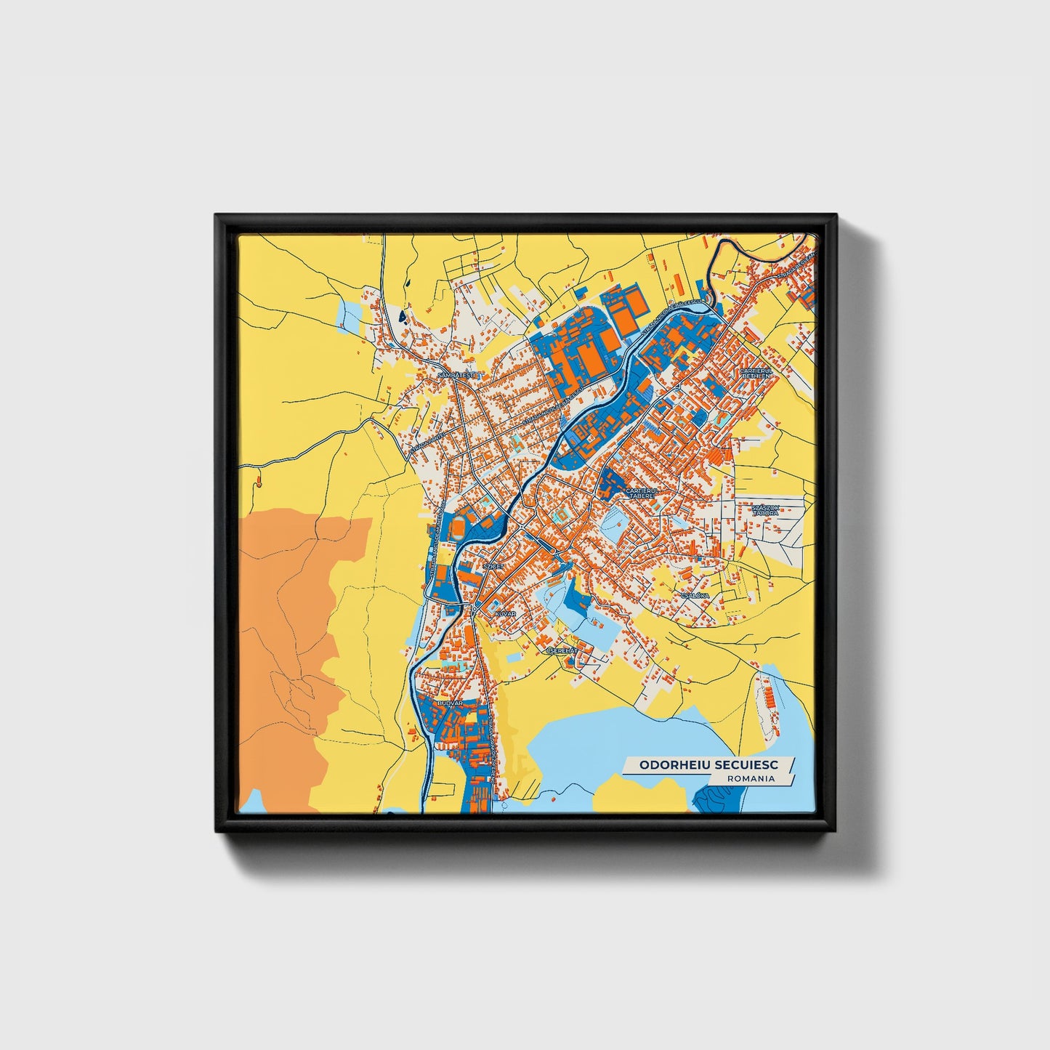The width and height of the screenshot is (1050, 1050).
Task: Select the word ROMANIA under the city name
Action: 750,778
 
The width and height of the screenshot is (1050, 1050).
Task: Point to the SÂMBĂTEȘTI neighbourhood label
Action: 456,375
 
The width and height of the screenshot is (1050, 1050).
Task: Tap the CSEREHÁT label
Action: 562,651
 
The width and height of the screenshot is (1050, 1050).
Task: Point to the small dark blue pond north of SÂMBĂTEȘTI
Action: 401,317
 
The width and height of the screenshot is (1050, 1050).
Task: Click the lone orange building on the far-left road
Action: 257,480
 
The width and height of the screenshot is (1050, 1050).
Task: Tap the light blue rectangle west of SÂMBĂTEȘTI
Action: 350,314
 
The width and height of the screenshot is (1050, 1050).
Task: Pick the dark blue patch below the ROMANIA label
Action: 719,799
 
